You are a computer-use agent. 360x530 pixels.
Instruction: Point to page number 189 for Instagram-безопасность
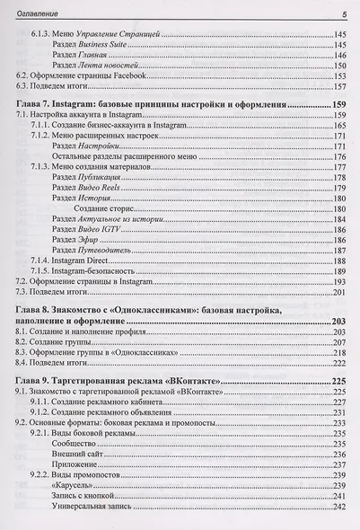pos(339,270)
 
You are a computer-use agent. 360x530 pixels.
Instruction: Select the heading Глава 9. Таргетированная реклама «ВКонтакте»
pos(118,381)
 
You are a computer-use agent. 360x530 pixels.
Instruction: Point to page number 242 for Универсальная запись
pos(339,507)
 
